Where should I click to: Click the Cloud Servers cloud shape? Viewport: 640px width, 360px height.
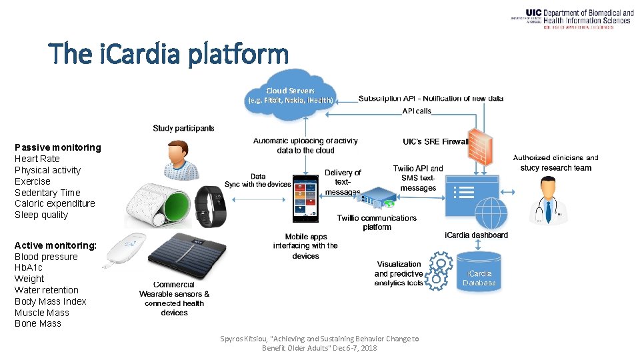pyautogui.click(x=291, y=97)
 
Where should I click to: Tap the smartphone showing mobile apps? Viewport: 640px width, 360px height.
pyautogui.click(x=306, y=199)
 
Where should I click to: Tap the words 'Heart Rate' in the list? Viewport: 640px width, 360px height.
pyautogui.click(x=37, y=159)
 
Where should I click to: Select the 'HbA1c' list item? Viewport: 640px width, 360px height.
pyautogui.click(x=29, y=267)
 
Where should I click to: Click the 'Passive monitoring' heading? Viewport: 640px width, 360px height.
pyautogui.click(x=58, y=147)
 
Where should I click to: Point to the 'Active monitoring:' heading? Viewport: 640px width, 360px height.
pyautogui.click(x=55, y=245)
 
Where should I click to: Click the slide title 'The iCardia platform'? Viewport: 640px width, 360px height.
pyautogui.click(x=168, y=54)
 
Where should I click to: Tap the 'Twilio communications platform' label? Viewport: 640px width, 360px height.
pyautogui.click(x=377, y=222)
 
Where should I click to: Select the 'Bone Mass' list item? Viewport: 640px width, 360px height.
pyautogui.click(x=38, y=323)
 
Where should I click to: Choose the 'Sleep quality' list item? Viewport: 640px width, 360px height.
pyautogui.click(x=41, y=215)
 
